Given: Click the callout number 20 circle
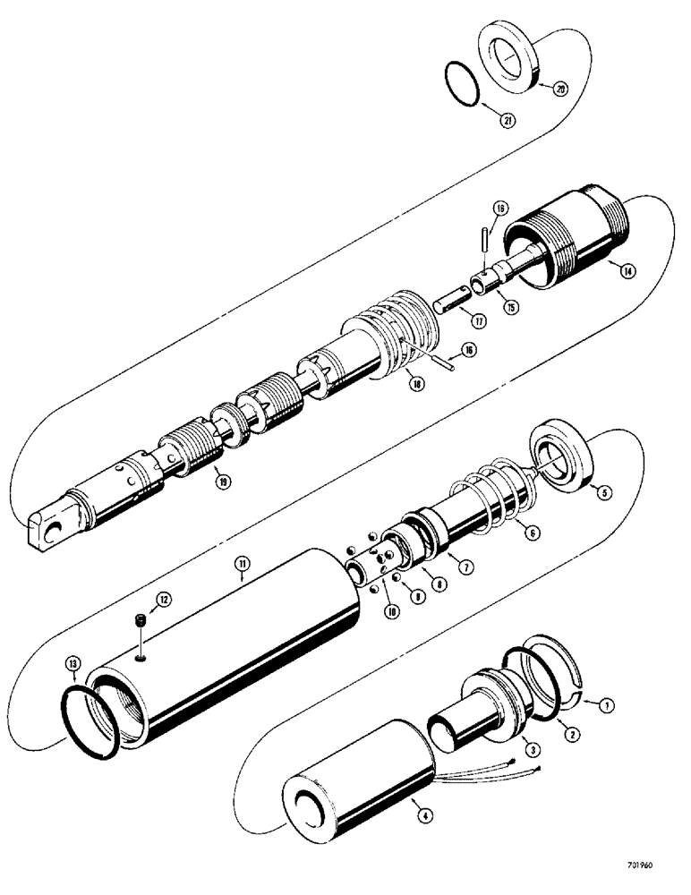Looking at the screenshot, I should tap(560, 89).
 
